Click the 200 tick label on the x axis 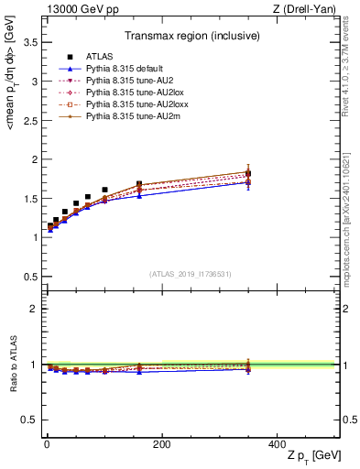point(161,444)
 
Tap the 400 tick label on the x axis point(277,444)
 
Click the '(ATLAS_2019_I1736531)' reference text point(190,274)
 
